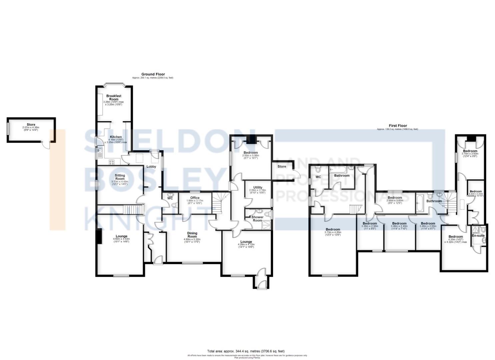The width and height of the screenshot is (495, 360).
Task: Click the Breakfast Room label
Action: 114,97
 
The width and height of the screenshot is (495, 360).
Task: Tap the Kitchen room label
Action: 116,137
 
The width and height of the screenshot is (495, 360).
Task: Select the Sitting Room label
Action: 120,177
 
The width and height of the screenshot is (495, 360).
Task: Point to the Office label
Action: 195,198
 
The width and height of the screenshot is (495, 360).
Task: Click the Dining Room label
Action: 192,235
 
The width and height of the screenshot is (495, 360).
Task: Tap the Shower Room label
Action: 257,219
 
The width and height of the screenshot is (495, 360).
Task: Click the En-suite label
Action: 478,235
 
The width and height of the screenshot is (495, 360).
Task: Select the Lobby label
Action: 151,166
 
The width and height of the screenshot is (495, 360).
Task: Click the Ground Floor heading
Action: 153,74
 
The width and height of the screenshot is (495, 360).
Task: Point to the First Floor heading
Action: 398,126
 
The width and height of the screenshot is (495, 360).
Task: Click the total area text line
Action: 246,351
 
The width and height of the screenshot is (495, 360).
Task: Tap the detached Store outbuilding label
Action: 31,125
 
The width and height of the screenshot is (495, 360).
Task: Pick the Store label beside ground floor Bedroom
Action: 282,166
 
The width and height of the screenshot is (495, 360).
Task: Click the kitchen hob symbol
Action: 112,162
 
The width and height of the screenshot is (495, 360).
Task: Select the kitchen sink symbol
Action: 99,153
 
